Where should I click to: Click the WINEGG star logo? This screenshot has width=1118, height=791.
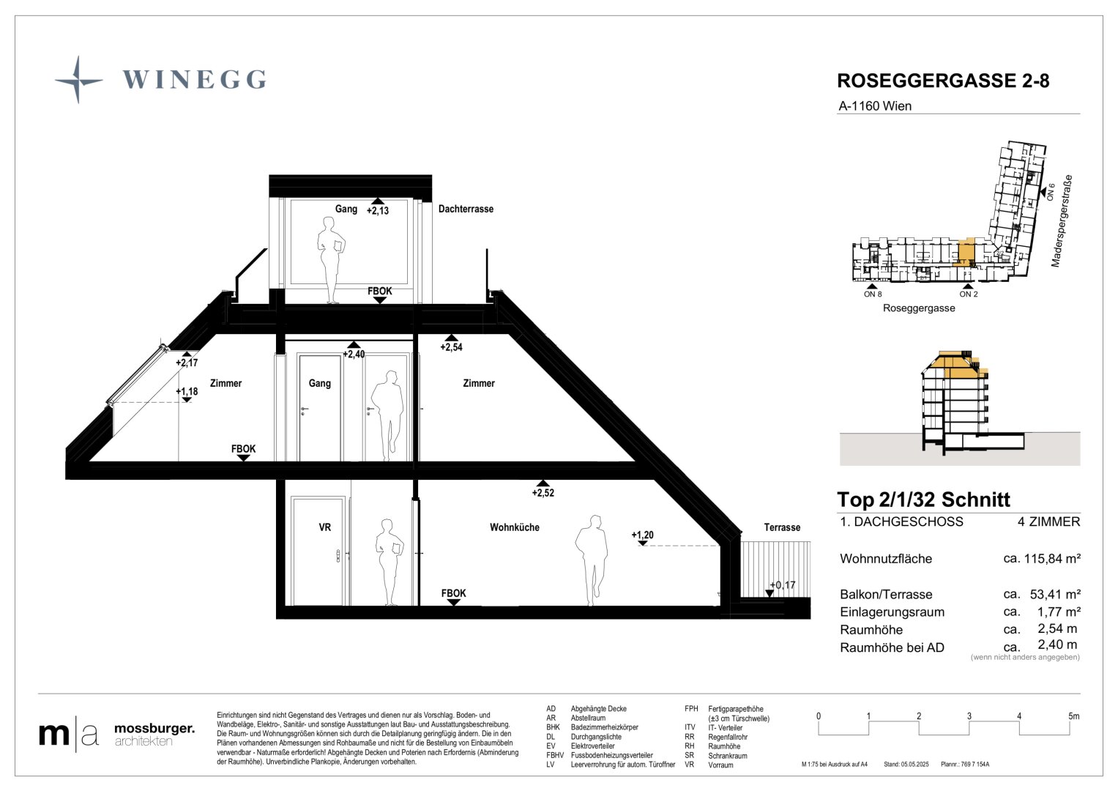pyautogui.click(x=78, y=79)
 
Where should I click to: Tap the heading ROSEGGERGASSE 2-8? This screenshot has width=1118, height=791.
pyautogui.click(x=943, y=81)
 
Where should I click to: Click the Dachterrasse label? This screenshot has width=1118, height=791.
pyautogui.click(x=466, y=209)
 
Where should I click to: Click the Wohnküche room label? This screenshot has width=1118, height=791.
pyautogui.click(x=515, y=527)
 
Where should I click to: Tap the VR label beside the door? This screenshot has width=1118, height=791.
pyautogui.click(x=324, y=527)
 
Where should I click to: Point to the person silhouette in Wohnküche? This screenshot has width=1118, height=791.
pyautogui.click(x=592, y=560)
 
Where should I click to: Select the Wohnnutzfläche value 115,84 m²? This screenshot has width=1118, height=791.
pyautogui.click(x=1052, y=558)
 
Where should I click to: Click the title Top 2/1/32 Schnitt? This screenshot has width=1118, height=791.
pyautogui.click(x=923, y=500)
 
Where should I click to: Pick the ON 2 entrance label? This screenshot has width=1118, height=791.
pyautogui.click(x=968, y=294)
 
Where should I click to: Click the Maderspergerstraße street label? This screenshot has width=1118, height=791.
pyautogui.click(x=1062, y=220)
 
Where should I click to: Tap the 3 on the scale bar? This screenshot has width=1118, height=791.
pyautogui.click(x=969, y=716)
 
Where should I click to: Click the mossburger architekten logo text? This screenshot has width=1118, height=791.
pyautogui.click(x=154, y=735)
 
